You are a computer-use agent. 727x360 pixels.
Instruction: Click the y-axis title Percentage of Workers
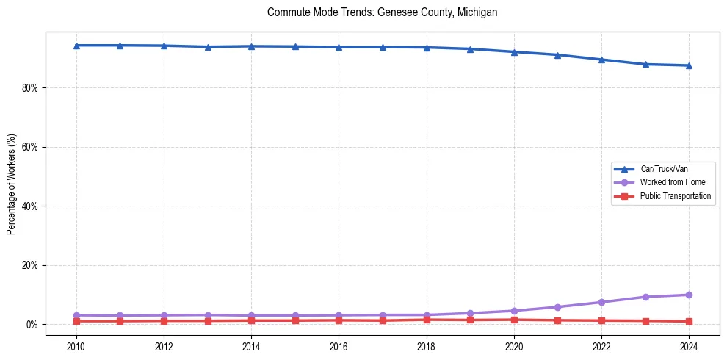point(11,184)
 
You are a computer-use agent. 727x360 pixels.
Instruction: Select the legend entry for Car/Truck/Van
point(664,169)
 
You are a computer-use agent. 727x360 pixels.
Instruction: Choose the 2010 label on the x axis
point(76,346)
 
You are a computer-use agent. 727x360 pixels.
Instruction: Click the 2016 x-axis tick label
point(339,346)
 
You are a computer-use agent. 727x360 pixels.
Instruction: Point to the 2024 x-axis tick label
point(689,346)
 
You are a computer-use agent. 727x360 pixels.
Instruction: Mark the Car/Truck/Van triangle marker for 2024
point(689,65)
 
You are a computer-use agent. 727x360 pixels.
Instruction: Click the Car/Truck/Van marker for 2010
point(76,46)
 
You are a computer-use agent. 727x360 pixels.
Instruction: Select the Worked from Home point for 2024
point(689,295)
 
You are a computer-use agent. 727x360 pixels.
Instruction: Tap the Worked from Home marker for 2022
point(601,302)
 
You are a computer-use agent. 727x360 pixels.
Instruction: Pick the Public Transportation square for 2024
point(689,321)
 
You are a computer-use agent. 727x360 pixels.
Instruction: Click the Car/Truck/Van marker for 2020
point(514,52)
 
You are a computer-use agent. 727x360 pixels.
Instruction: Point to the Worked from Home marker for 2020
point(514,311)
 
